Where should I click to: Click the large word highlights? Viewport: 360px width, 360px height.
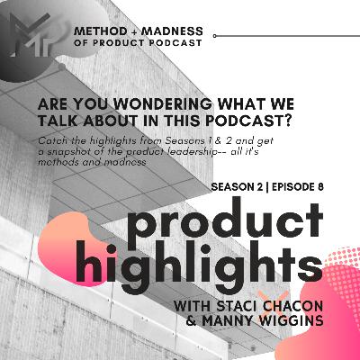point(217,264)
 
